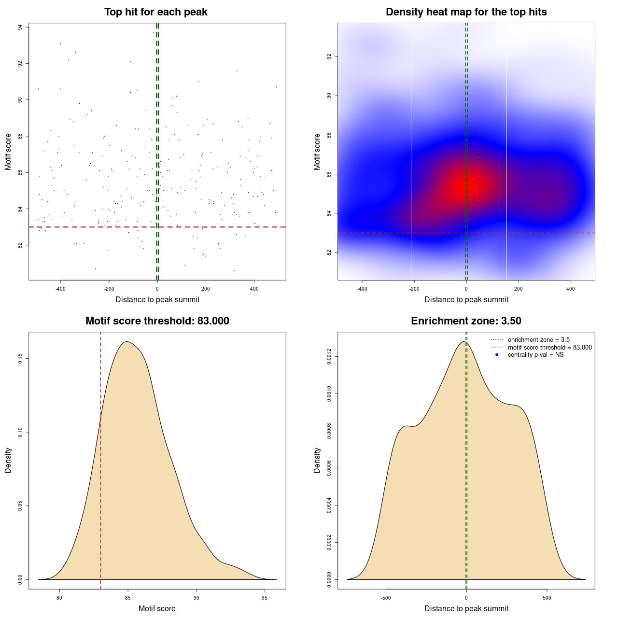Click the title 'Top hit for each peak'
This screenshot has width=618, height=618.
(155, 12)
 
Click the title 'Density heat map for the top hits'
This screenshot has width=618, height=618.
(466, 12)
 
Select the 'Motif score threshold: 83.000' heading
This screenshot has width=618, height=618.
(157, 321)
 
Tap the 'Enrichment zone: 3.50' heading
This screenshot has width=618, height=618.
(466, 321)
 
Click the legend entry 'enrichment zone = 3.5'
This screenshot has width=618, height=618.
(538, 340)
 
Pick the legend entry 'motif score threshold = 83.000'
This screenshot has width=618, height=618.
(549, 347)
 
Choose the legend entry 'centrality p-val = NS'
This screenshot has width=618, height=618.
(535, 354)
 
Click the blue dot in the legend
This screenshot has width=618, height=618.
(497, 355)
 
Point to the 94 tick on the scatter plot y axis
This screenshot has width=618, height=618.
(20, 28)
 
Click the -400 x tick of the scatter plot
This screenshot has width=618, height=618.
(60, 289)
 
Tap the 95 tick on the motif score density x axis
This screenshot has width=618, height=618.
(264, 598)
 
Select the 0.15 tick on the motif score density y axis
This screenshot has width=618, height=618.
(20, 359)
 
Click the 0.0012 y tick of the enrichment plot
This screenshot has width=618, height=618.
(329, 357)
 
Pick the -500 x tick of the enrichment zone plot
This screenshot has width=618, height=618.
(386, 598)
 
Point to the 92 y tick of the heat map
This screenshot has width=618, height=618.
(329, 56)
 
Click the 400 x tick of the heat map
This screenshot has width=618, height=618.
(571, 289)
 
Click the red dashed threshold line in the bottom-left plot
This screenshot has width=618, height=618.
(100, 459)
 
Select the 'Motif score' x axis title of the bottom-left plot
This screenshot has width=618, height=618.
(157, 608)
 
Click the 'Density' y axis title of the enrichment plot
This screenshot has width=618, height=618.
(317, 460)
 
